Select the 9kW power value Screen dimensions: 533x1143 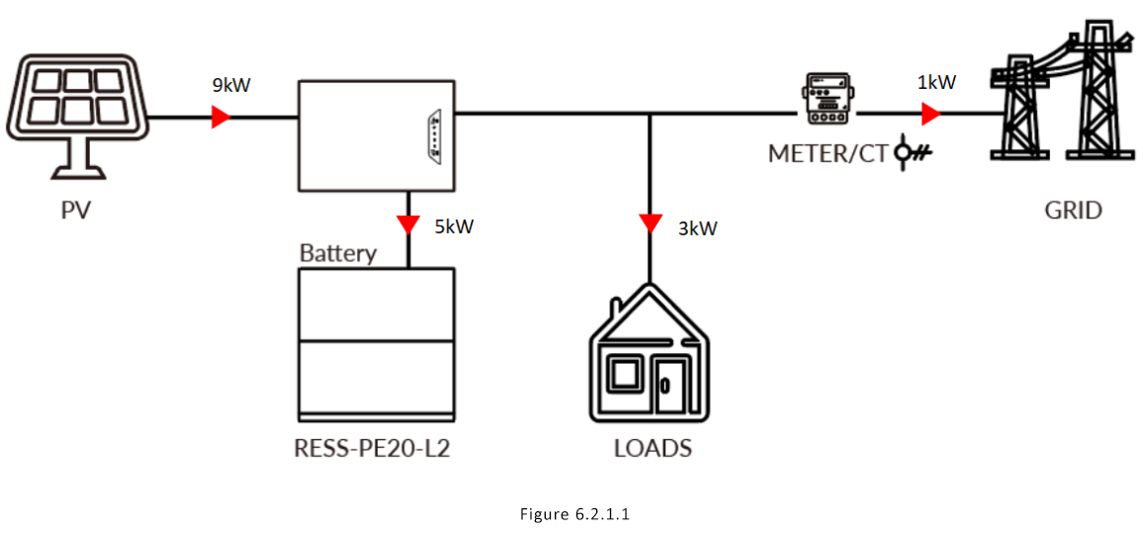231,85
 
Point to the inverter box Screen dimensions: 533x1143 376,136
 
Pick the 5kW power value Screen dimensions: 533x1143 454,226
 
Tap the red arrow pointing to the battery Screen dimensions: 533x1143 407,224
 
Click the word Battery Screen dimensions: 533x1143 338,253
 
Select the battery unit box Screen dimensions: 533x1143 379,343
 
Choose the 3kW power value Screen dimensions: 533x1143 697,228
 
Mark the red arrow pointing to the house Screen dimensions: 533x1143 650,223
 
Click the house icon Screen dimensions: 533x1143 650,356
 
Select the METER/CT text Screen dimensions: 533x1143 828,154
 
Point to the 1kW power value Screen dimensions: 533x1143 936,83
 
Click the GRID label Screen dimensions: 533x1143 1073,211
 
